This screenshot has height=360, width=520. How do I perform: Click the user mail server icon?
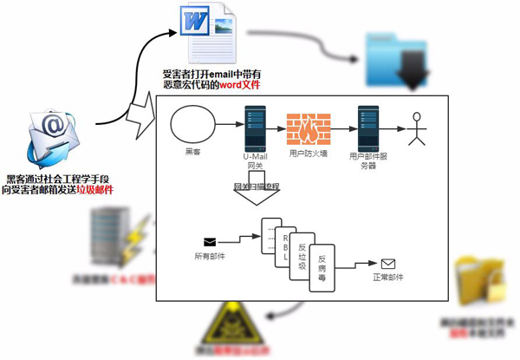[x=367, y=126]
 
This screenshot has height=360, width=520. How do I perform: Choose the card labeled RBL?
[x=274, y=241]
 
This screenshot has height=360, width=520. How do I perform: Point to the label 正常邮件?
[x=387, y=278]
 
